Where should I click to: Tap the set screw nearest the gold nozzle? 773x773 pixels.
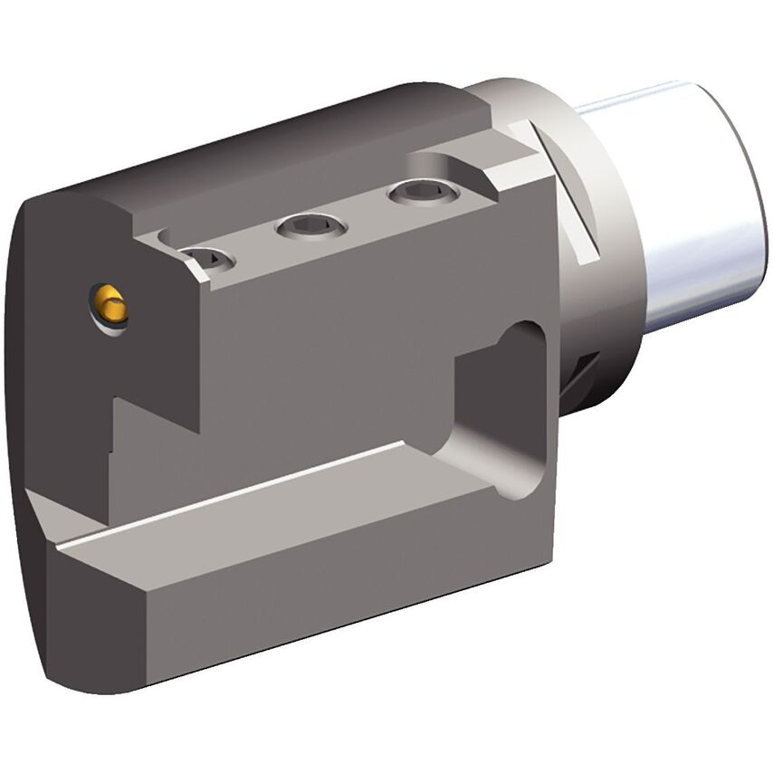coord(206,259)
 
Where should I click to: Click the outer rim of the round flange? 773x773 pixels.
coord(625,272)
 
